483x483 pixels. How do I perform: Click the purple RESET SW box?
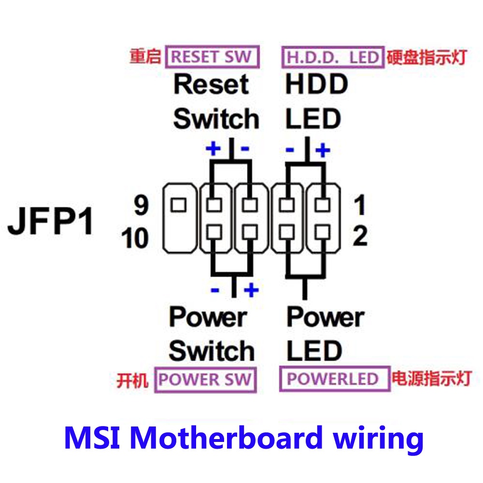tap(212, 57)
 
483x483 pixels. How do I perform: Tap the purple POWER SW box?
tap(205, 380)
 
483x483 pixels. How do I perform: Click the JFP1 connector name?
tap(51, 222)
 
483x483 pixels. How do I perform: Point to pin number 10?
tap(135, 238)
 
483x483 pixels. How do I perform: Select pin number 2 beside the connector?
tap(360, 237)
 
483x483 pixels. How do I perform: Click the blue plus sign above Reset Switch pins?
tap(213, 149)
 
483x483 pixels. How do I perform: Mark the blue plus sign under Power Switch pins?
tap(252, 290)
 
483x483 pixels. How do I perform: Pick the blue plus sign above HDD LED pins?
tap(323, 150)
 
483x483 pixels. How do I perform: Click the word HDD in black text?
tap(316, 85)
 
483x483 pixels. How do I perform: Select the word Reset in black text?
tap(211, 85)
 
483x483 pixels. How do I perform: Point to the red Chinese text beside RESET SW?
tap(144, 57)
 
